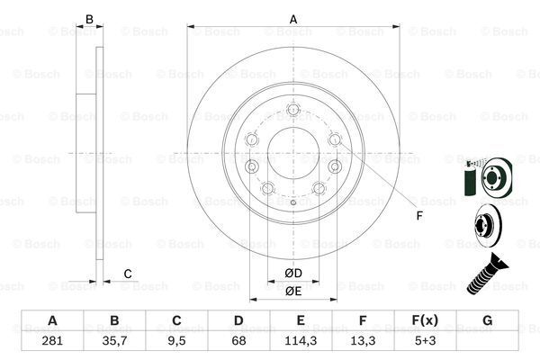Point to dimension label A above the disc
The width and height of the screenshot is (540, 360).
pos(292,18)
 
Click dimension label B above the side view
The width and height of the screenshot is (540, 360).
pos(88,18)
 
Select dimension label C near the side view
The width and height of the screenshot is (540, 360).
pos(128,274)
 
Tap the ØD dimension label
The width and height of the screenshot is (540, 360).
pos(292,273)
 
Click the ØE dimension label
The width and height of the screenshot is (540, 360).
pos(292,291)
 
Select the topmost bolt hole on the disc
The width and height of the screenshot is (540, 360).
pos(292,112)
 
